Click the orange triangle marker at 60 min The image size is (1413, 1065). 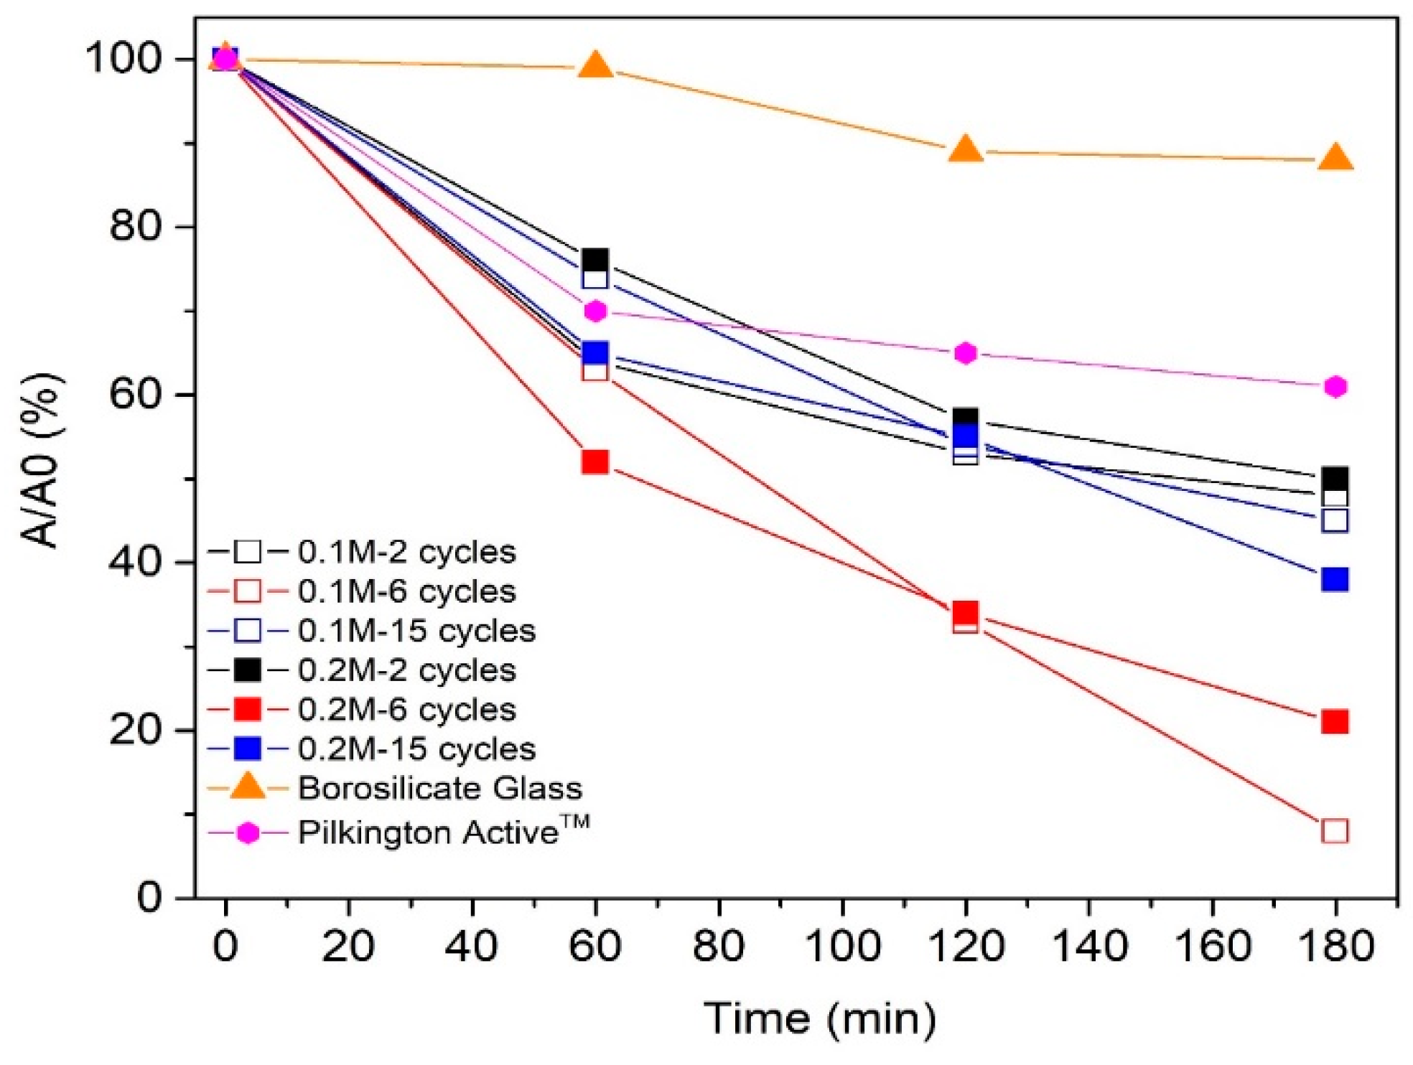595,66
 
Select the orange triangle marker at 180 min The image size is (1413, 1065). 1335,158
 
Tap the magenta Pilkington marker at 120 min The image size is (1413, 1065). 966,353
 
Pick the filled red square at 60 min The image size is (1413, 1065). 595,461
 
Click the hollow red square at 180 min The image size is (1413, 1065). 1335,831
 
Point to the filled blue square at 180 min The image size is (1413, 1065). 1335,579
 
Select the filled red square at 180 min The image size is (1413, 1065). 1335,721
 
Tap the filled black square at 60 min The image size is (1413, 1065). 595,259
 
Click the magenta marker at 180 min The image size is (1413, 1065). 1335,387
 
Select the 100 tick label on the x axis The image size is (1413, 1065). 842,947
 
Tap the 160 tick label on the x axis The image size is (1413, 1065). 1212,947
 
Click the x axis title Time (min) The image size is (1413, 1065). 819,1018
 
